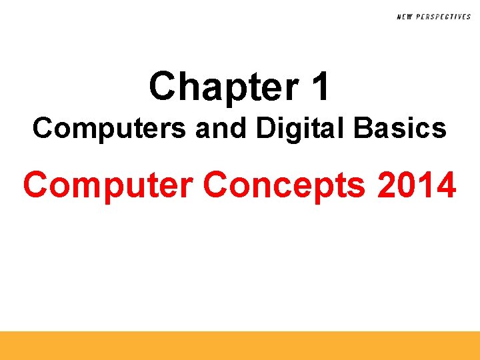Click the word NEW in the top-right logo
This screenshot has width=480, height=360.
coord(404,17)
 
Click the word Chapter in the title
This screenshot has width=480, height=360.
coord(216,87)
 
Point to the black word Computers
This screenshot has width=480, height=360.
coord(109,128)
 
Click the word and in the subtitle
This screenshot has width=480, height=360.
coord(217,128)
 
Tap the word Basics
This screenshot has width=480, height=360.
coord(400,128)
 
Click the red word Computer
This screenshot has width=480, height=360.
coord(109,185)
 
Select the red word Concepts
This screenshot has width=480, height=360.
coord(285,185)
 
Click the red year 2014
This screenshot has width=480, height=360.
coord(417,185)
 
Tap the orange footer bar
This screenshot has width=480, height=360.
coord(240,345)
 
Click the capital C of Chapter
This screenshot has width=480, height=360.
coord(163,87)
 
